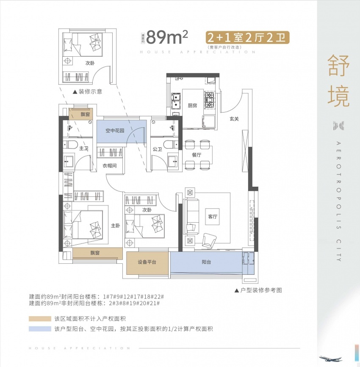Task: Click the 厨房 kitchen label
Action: pyautogui.click(x=192, y=105)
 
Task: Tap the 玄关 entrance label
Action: pyautogui.click(x=235, y=119)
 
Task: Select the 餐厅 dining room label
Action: pyautogui.click(x=196, y=155)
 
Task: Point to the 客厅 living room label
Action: pyautogui.click(x=213, y=216)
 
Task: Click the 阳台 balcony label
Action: pyautogui.click(x=206, y=262)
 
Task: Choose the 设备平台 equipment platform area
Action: pyautogui.click(x=147, y=262)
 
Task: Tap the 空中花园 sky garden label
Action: pyautogui.click(x=115, y=131)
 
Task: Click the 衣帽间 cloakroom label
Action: pyautogui.click(x=109, y=166)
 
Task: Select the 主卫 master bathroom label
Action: pyautogui.click(x=83, y=149)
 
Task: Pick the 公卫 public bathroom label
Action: pyautogui.click(x=158, y=149)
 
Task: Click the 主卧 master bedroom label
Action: pyautogui.click(x=116, y=226)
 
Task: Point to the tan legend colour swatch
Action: pyautogui.click(x=39, y=319)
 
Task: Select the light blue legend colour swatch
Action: pyautogui.click(x=39, y=329)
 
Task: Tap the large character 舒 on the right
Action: pyautogui.click(x=338, y=68)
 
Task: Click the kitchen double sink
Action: pyautogui.click(x=176, y=101)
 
